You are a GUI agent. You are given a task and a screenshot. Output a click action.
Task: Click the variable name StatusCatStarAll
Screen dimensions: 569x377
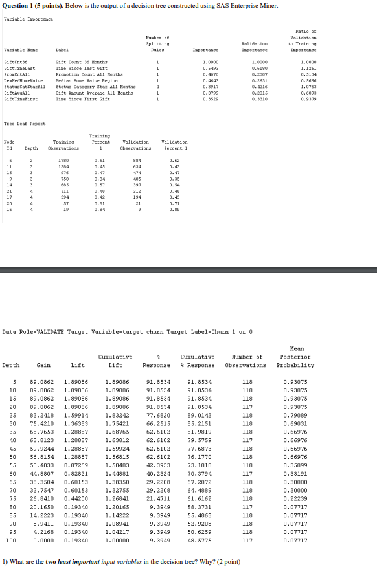tap(20, 85)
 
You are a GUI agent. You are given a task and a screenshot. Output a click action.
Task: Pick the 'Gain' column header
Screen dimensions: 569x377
tap(44, 365)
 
